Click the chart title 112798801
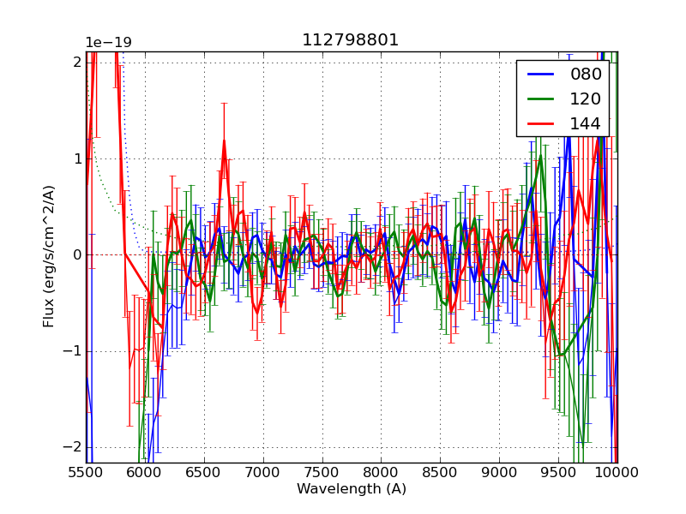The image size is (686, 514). click(x=350, y=40)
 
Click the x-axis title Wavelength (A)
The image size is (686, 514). click(x=352, y=489)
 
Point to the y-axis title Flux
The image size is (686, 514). click(x=50, y=255)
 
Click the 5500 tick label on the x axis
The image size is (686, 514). click(x=86, y=472)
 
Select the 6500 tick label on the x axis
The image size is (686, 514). click(x=204, y=472)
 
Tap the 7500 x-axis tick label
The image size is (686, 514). click(x=322, y=472)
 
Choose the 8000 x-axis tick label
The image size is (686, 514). click(x=381, y=472)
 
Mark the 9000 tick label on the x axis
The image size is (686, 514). click(x=499, y=472)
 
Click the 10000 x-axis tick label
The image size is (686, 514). click(x=616, y=472)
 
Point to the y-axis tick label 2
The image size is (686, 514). click(x=77, y=62)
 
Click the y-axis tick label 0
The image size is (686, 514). click(x=77, y=254)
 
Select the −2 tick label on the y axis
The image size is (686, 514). click(x=74, y=447)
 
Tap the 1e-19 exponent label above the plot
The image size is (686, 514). click(x=108, y=43)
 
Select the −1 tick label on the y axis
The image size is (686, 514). click(x=74, y=351)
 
